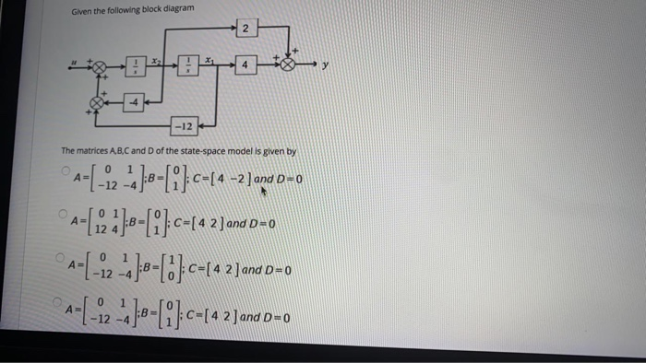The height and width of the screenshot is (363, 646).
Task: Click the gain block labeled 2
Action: tap(244, 29)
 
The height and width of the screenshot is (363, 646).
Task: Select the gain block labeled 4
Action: tap(244, 66)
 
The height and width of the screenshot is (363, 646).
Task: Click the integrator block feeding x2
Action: tap(135, 66)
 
